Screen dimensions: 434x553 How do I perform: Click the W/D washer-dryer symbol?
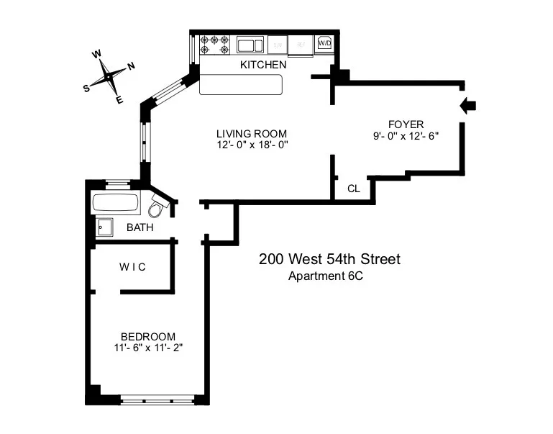(325, 44)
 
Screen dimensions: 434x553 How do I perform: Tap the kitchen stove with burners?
(214, 45)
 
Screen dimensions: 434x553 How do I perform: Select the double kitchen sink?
(250, 45)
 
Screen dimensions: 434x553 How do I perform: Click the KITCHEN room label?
(263, 65)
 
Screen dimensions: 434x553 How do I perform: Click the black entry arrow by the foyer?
(468, 107)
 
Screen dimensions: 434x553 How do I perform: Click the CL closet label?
(353, 189)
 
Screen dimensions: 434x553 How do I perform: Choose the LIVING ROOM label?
(252, 133)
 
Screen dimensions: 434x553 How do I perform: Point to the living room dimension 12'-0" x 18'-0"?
(252, 145)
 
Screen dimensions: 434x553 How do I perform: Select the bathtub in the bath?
(116, 203)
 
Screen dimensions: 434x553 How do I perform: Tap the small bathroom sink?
(105, 227)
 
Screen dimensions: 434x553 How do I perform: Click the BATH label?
(140, 228)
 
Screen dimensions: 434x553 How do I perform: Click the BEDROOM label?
(148, 336)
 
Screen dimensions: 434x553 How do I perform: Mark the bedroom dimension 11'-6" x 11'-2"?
(148, 348)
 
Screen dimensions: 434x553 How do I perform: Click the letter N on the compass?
(131, 66)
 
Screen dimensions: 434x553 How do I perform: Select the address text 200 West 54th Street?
(329, 259)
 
